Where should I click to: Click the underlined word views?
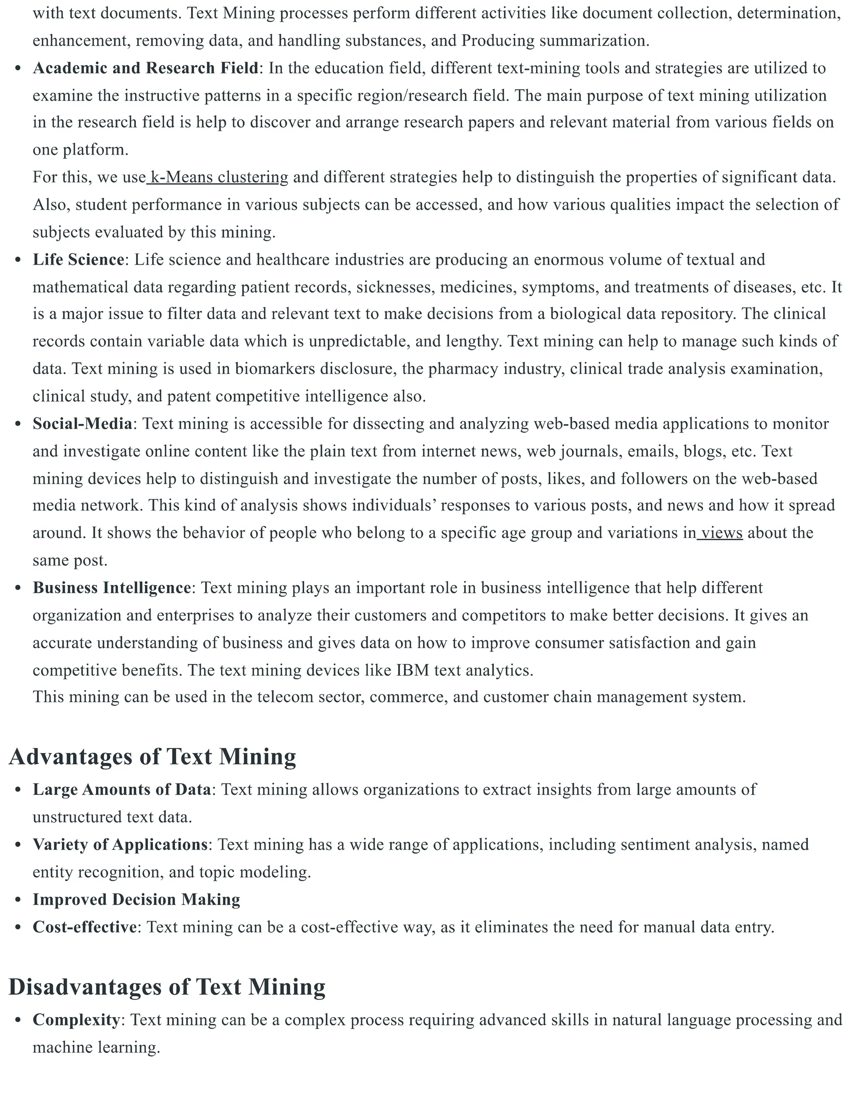721,533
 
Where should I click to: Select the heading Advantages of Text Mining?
152,757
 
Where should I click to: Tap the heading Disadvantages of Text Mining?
167,987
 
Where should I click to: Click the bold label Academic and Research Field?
145,68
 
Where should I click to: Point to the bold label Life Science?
78,260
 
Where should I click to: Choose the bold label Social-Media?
82,423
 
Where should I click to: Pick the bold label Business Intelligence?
111,588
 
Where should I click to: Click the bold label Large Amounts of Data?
121,789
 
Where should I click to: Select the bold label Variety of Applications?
120,844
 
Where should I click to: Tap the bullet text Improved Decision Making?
136,899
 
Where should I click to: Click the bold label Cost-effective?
85,927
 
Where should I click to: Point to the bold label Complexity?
76,1020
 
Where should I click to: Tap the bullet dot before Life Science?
18,260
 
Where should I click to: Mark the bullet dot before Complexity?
18,1020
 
